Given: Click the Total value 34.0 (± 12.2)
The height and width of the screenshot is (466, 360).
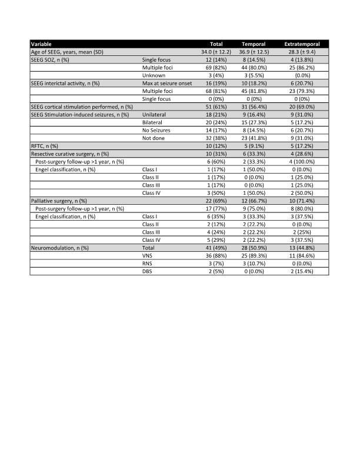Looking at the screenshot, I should coord(219,52).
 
